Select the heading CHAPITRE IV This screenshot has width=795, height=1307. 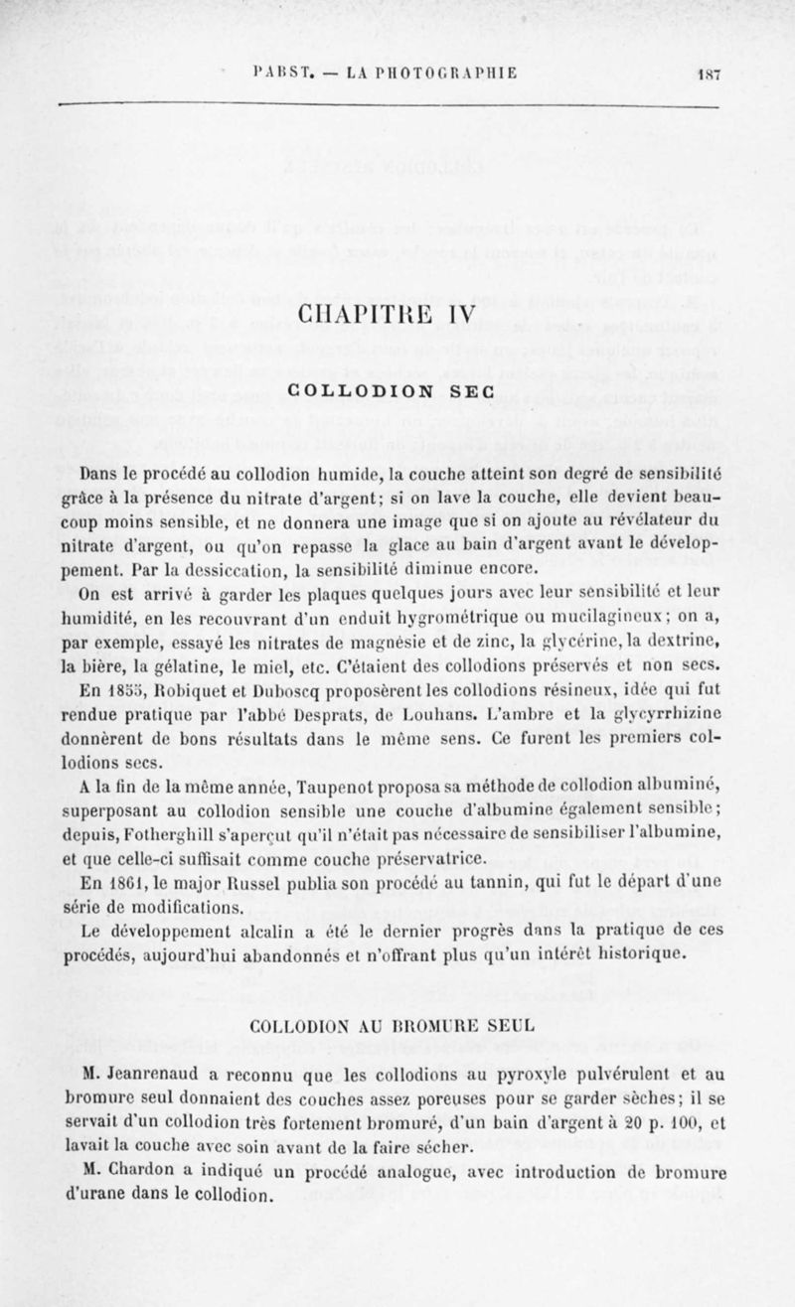pos(397,323)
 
